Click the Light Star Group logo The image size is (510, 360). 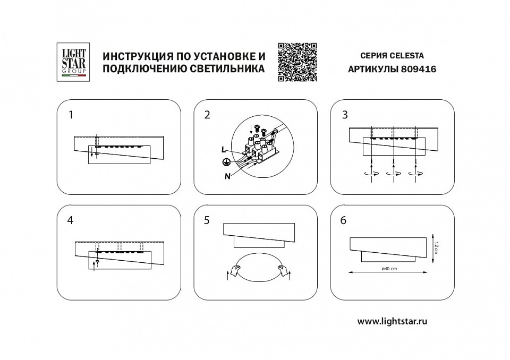pos(73,62)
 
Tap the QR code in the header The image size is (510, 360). pos(297,62)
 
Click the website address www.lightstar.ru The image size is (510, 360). pos(393,321)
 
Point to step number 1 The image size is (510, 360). pos(71,114)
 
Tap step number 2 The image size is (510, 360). pos(208,114)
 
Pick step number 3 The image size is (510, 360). pos(345,114)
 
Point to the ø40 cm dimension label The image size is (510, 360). pos(389,269)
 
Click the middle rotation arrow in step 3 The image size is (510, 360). pos(394,174)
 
